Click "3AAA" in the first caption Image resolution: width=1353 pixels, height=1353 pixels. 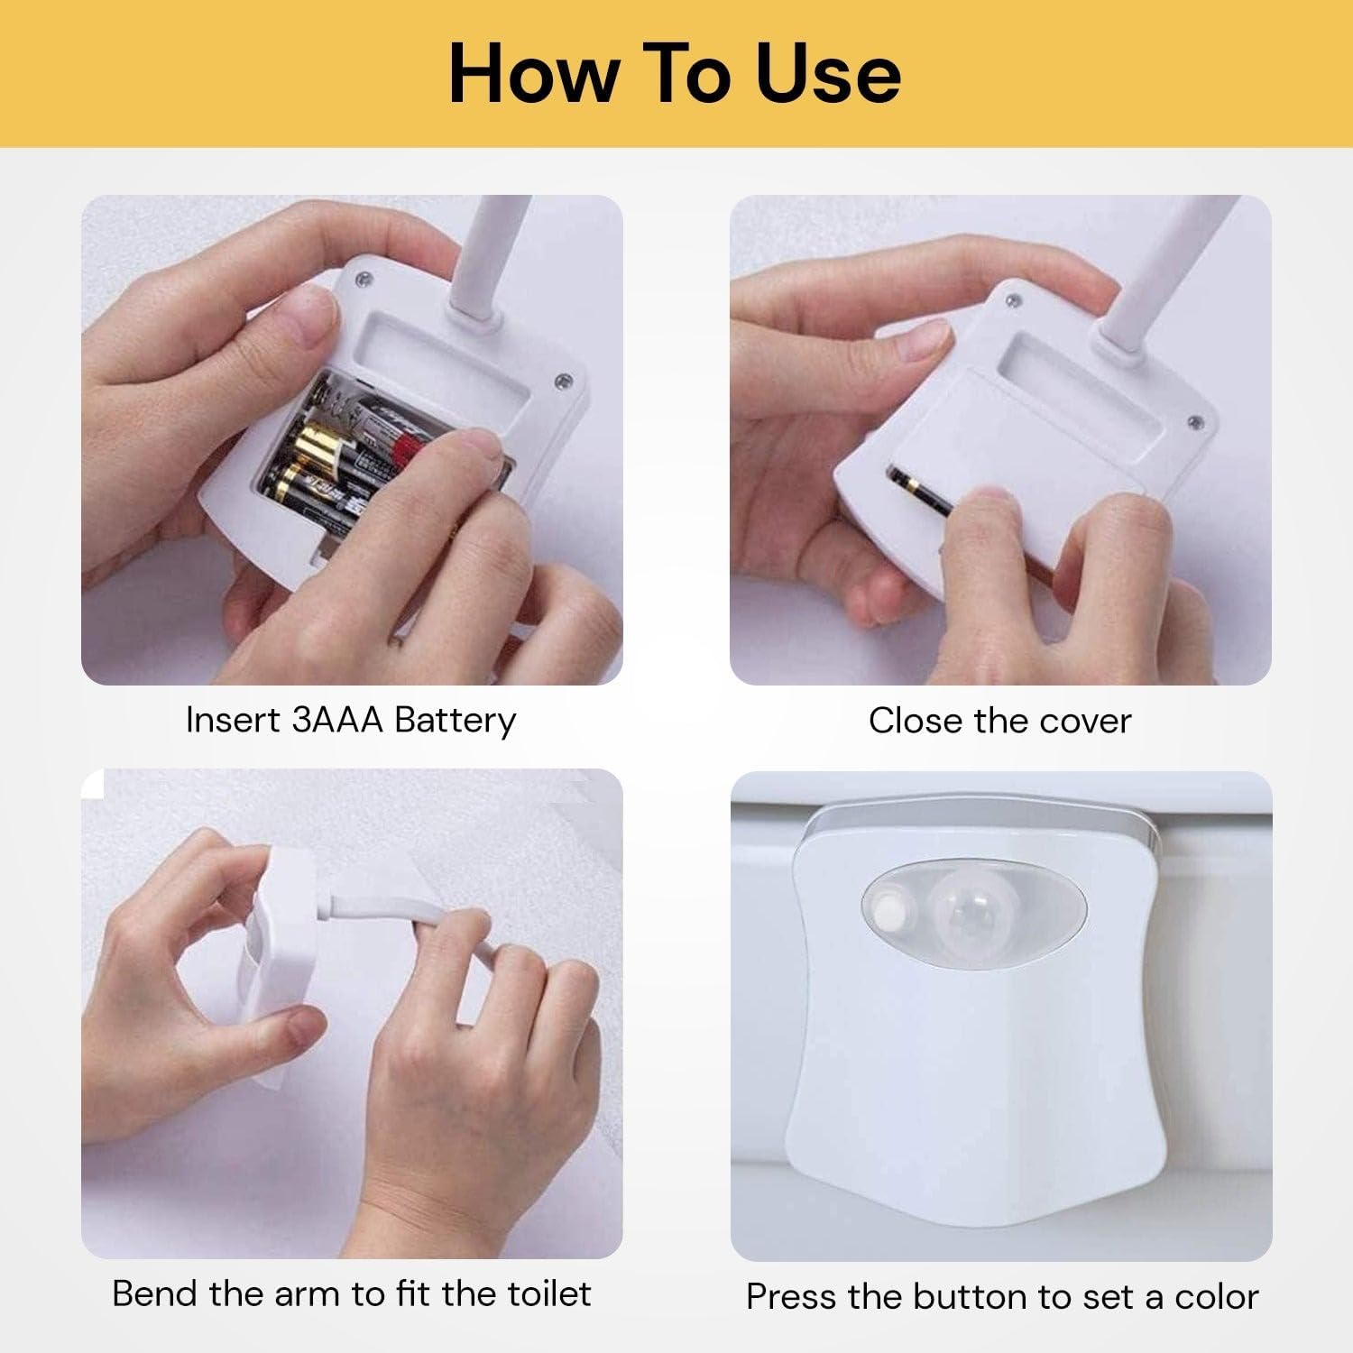[338, 720]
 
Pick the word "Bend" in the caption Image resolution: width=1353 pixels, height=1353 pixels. [155, 1293]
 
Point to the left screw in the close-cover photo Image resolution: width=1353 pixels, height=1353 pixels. [1014, 300]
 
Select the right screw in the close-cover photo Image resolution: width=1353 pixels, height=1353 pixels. [1195, 421]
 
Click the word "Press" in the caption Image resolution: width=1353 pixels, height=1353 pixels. [790, 1297]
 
